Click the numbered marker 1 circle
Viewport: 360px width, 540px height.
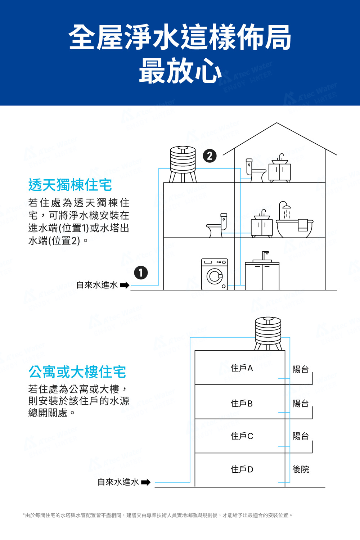coord(141,273)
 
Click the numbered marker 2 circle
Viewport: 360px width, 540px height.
coord(210,156)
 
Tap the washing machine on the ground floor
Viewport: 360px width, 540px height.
coord(215,274)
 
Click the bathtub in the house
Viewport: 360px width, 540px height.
coord(294,228)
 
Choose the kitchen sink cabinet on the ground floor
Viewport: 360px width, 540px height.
coord(262,275)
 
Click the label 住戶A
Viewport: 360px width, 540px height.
coord(242,368)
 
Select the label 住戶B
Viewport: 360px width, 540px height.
coord(242,404)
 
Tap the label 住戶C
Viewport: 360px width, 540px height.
coord(242,436)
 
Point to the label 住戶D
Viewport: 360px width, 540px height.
coord(242,469)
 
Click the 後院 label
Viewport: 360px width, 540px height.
coord(301,469)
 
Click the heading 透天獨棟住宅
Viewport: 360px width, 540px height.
coord(70,185)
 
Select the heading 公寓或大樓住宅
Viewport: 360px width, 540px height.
coord(77,372)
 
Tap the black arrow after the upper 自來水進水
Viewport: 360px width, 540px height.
coord(125,285)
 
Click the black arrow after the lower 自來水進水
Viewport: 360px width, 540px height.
coord(146,482)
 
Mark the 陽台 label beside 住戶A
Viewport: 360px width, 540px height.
coord(301,369)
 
